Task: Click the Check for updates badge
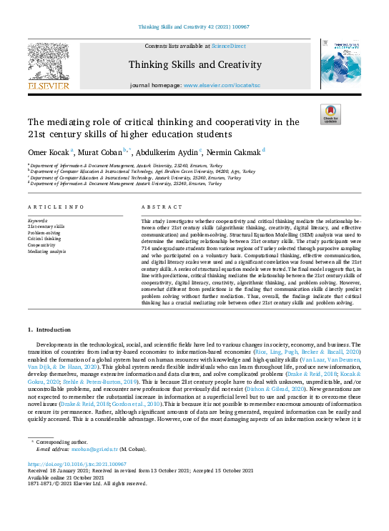pyautogui.click(x=330, y=114)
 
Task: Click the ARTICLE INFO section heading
pyautogui.click(x=54, y=207)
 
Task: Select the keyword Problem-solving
pyautogui.click(x=45, y=232)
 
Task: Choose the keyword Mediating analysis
pyautogui.click(x=46, y=252)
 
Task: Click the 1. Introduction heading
pyautogui.click(x=49, y=329)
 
